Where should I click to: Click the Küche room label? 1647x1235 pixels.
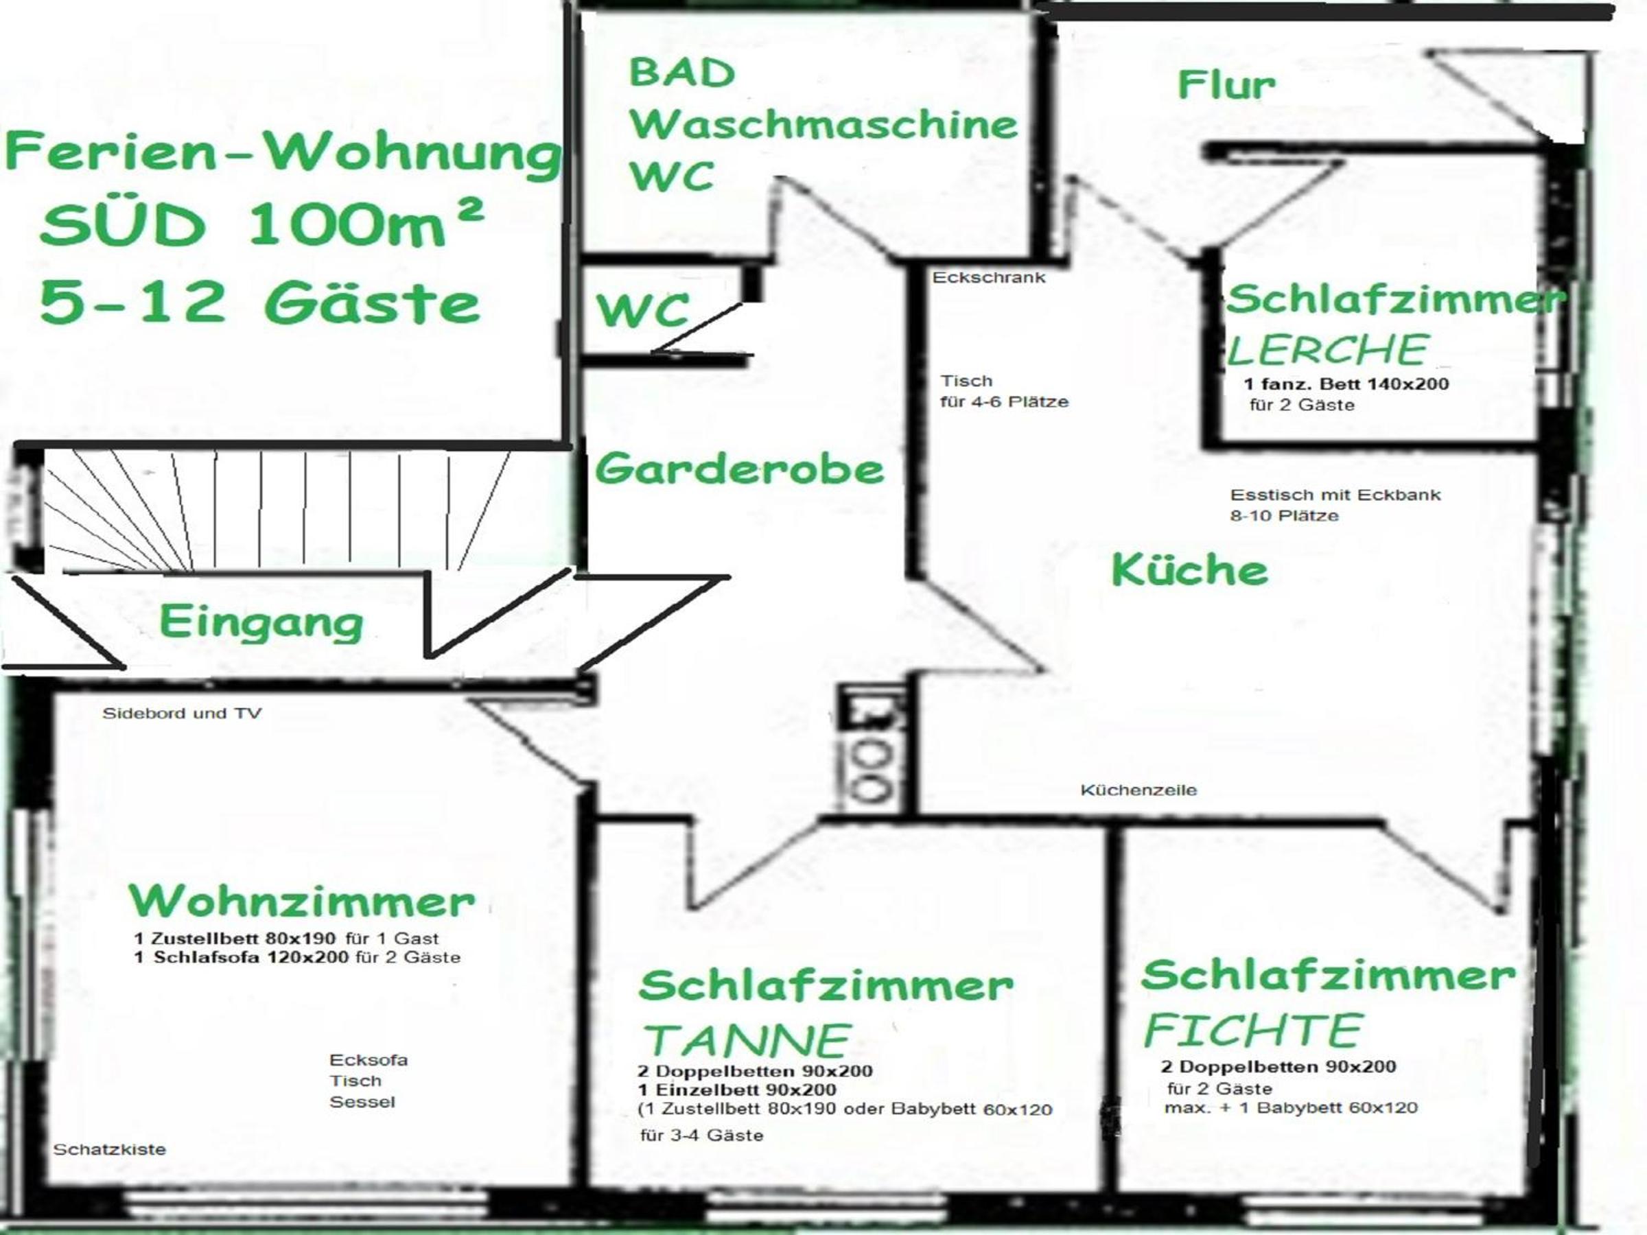coord(1189,571)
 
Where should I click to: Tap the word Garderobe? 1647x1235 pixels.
coord(739,470)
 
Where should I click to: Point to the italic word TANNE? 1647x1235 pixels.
coord(747,1040)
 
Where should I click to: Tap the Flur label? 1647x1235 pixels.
coord(1226,85)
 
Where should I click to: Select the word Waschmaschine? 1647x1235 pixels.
coord(823,124)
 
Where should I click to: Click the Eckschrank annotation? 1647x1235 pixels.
coord(989,278)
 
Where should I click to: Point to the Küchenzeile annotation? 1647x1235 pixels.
coord(1138,790)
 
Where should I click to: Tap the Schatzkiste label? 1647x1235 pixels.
coord(109,1149)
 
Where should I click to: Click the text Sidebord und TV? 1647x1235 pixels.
coord(182,713)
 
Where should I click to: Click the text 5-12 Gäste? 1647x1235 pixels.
coord(260,304)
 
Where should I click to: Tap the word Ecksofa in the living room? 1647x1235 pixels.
coord(369,1060)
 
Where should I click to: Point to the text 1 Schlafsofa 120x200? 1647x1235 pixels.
coord(242,957)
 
